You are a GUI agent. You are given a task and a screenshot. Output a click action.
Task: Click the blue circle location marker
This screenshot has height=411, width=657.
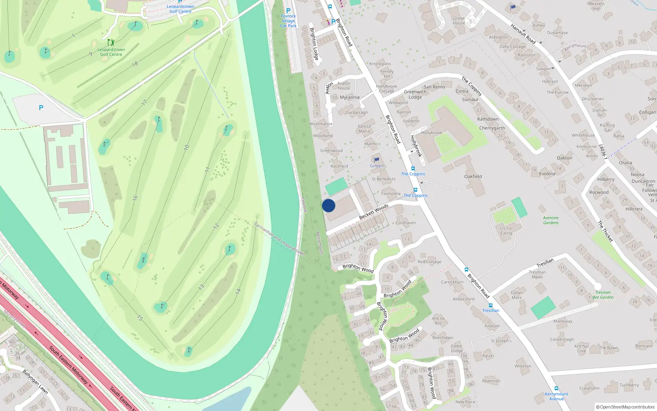[328, 205]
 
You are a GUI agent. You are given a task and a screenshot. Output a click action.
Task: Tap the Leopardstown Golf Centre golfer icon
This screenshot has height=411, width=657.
[110, 42]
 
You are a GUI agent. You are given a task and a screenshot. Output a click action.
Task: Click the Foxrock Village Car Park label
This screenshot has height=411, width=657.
[288, 21]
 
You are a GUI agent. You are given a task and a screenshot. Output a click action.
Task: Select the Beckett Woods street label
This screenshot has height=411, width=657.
[374, 211]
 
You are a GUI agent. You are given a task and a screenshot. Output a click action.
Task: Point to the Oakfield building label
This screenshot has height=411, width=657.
[473, 176]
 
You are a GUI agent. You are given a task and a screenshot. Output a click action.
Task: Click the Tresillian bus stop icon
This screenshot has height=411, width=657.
[490, 305]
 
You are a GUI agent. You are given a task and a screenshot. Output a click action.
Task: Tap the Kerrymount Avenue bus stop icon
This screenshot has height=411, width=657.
[556, 388]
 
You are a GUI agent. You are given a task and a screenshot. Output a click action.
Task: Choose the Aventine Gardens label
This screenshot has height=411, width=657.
[551, 220]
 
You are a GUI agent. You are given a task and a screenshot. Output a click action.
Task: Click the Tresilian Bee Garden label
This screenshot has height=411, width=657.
[603, 295]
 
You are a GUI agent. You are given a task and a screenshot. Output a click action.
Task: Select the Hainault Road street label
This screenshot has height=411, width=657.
[523, 34]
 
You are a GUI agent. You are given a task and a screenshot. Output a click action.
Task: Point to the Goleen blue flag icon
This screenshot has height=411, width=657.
[377, 160]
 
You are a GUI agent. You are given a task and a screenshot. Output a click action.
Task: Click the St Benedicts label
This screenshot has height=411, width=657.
[384, 179]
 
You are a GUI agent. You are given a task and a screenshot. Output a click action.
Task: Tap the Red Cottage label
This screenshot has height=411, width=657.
[429, 262]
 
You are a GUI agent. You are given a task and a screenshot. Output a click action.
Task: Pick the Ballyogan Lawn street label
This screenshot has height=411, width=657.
[35, 382]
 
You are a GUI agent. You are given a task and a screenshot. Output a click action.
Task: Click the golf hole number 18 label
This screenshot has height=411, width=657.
[135, 64]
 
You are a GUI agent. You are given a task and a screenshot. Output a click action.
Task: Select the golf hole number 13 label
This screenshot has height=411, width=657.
[201, 287]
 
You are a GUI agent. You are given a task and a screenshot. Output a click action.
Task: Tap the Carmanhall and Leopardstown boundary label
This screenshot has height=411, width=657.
[279, 239]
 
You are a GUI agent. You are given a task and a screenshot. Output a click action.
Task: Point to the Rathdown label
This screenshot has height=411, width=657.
[488, 119]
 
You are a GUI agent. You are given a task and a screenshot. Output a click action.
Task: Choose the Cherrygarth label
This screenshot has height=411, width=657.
[492, 128]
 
